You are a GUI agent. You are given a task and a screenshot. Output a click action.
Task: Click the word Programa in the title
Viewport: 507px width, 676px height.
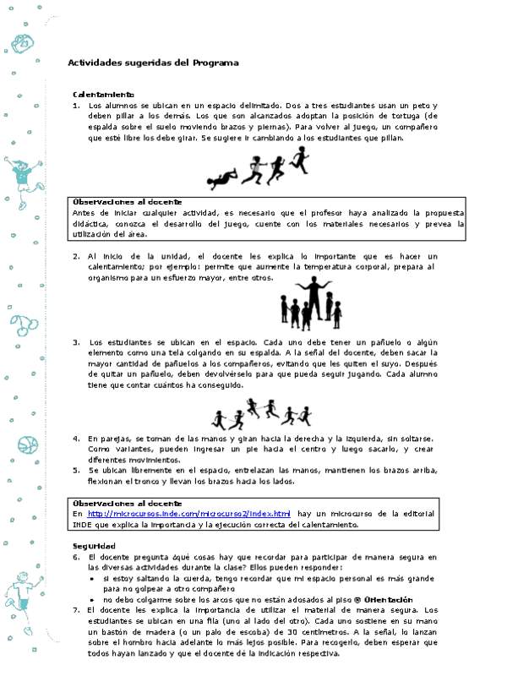215,63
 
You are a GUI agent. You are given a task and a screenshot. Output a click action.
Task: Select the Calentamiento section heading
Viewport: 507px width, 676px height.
103,94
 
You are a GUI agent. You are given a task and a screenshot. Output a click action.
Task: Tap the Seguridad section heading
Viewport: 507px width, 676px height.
93,546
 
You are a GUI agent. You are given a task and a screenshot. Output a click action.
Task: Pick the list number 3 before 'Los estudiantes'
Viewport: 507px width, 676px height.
75,342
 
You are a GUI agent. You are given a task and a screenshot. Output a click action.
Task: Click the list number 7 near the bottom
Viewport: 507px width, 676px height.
75,609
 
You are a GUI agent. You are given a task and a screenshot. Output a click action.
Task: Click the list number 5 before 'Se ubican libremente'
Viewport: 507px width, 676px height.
75,469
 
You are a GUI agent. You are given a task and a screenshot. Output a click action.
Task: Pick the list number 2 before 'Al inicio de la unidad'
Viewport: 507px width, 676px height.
75,256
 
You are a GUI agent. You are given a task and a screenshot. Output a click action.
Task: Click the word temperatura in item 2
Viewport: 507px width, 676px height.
333,266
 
